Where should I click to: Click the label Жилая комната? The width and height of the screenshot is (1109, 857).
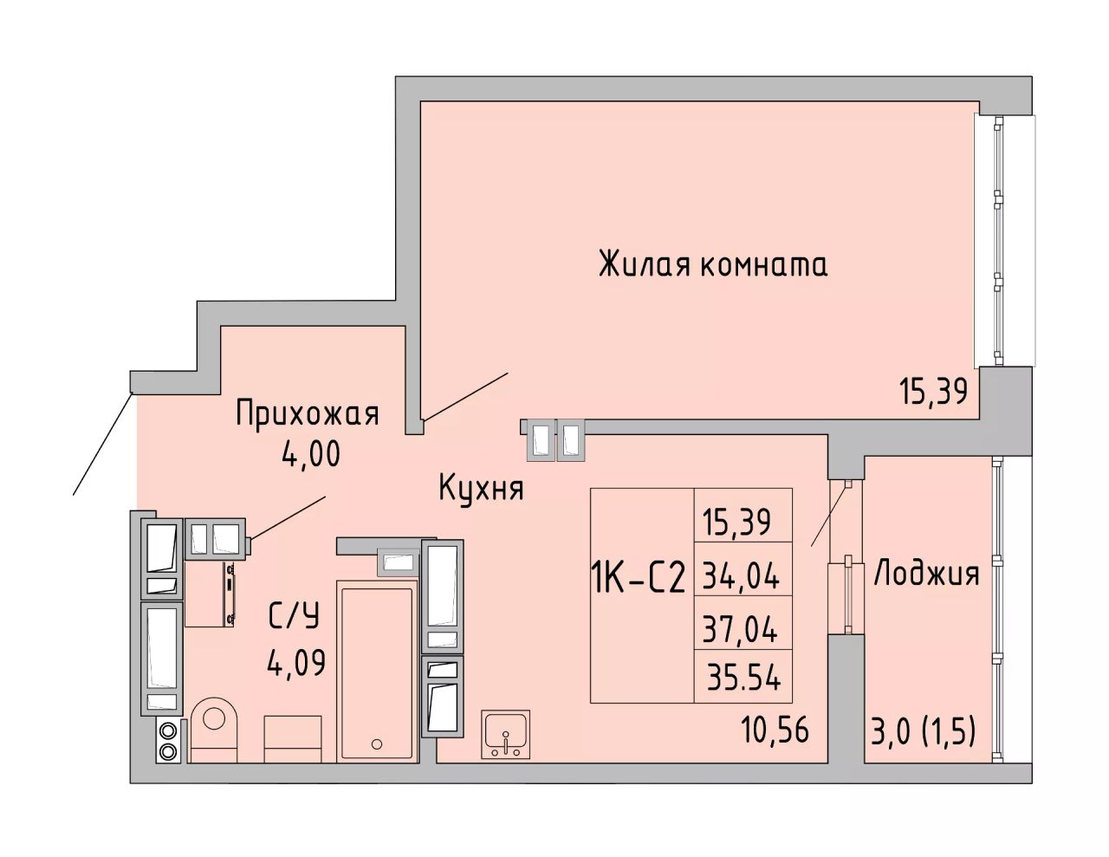pyautogui.click(x=712, y=264)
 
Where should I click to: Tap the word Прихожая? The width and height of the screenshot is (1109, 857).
pyautogui.click(x=308, y=413)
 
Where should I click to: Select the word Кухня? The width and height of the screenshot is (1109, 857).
pyautogui.click(x=481, y=489)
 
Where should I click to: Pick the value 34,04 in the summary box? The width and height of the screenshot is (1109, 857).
pyautogui.click(x=741, y=577)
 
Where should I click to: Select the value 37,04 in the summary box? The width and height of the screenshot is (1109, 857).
pyautogui.click(x=741, y=630)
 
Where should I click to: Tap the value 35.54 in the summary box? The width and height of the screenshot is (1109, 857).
pyautogui.click(x=744, y=678)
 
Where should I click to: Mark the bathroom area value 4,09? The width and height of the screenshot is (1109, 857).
pyautogui.click(x=296, y=664)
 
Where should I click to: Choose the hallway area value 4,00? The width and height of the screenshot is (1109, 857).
pyautogui.click(x=310, y=453)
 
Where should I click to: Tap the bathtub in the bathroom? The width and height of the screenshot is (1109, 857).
pyautogui.click(x=377, y=671)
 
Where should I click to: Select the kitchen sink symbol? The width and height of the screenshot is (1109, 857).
pyautogui.click(x=505, y=734)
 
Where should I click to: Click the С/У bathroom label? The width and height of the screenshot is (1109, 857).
pyautogui.click(x=294, y=615)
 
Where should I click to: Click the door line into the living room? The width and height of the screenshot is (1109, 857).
pyautogui.click(x=466, y=397)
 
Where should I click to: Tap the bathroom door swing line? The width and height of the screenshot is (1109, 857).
pyautogui.click(x=289, y=517)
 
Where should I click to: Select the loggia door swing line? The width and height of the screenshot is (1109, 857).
pyautogui.click(x=830, y=514)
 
